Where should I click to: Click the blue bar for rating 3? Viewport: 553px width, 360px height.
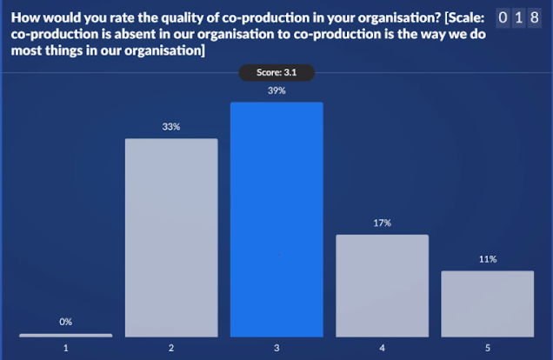276,219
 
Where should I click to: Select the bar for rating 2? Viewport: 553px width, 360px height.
171,237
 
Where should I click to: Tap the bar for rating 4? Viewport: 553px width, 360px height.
382,285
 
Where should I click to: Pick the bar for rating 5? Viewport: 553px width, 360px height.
487,303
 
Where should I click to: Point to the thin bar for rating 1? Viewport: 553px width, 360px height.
66,335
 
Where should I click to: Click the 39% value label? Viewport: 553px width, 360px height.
276,90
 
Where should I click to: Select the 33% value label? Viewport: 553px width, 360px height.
171,126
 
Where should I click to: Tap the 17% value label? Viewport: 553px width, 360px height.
382,223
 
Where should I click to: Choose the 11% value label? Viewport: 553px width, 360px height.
487,259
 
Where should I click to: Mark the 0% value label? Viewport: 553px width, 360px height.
66,322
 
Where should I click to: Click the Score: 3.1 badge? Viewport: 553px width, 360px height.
276,73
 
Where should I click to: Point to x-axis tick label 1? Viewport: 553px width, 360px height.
66,348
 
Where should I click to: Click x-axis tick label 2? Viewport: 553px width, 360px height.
171,348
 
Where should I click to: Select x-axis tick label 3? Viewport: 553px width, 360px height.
276,348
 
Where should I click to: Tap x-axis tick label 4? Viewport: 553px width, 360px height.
382,348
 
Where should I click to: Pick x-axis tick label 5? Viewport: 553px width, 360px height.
487,348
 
